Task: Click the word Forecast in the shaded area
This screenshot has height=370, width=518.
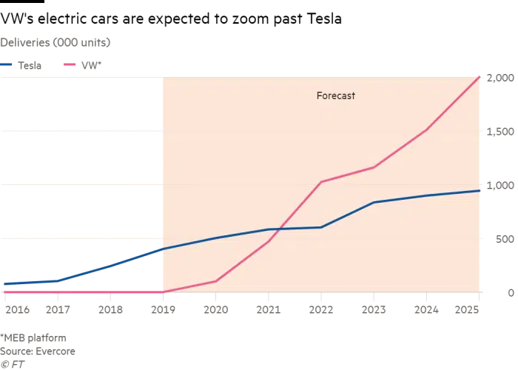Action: pos(335,95)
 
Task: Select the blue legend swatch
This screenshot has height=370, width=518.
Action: pos(6,65)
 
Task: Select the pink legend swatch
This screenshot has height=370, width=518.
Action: pos(70,65)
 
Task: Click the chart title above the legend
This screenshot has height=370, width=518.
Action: pos(55,41)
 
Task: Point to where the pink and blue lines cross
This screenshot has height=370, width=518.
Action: pos(280,229)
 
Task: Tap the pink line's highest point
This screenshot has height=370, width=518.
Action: pos(480,75)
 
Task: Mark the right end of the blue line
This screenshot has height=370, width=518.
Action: pos(480,191)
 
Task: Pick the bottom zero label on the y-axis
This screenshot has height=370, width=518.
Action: pos(508,294)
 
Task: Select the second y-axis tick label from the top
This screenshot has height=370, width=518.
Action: pos(499,132)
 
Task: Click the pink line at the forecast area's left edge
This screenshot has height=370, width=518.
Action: pos(161,292)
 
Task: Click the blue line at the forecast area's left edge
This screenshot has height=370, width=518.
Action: pos(161,249)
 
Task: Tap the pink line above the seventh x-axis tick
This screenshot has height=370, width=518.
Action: pos(320,182)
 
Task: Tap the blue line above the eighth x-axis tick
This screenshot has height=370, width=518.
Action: pos(374,202)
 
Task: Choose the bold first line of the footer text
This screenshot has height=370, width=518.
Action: pos(36,337)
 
